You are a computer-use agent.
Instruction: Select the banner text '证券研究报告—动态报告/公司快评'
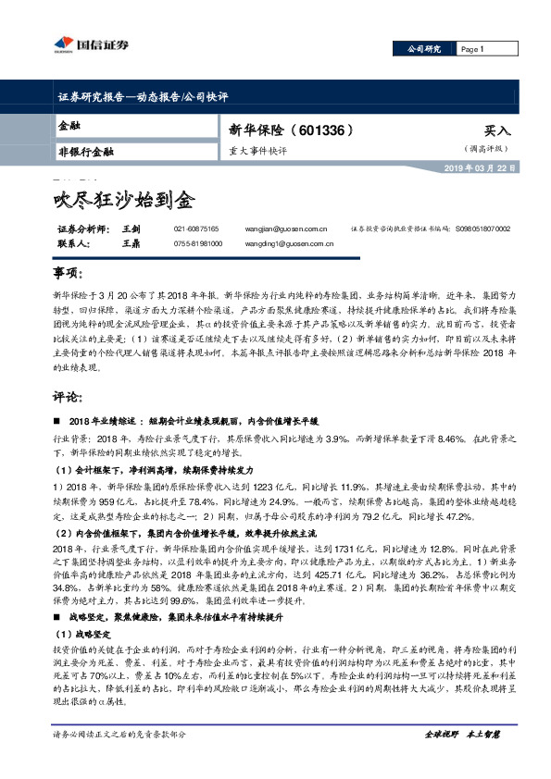pyautogui.click(x=136, y=96)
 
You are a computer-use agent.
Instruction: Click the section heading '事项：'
pyautogui.click(x=69, y=274)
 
